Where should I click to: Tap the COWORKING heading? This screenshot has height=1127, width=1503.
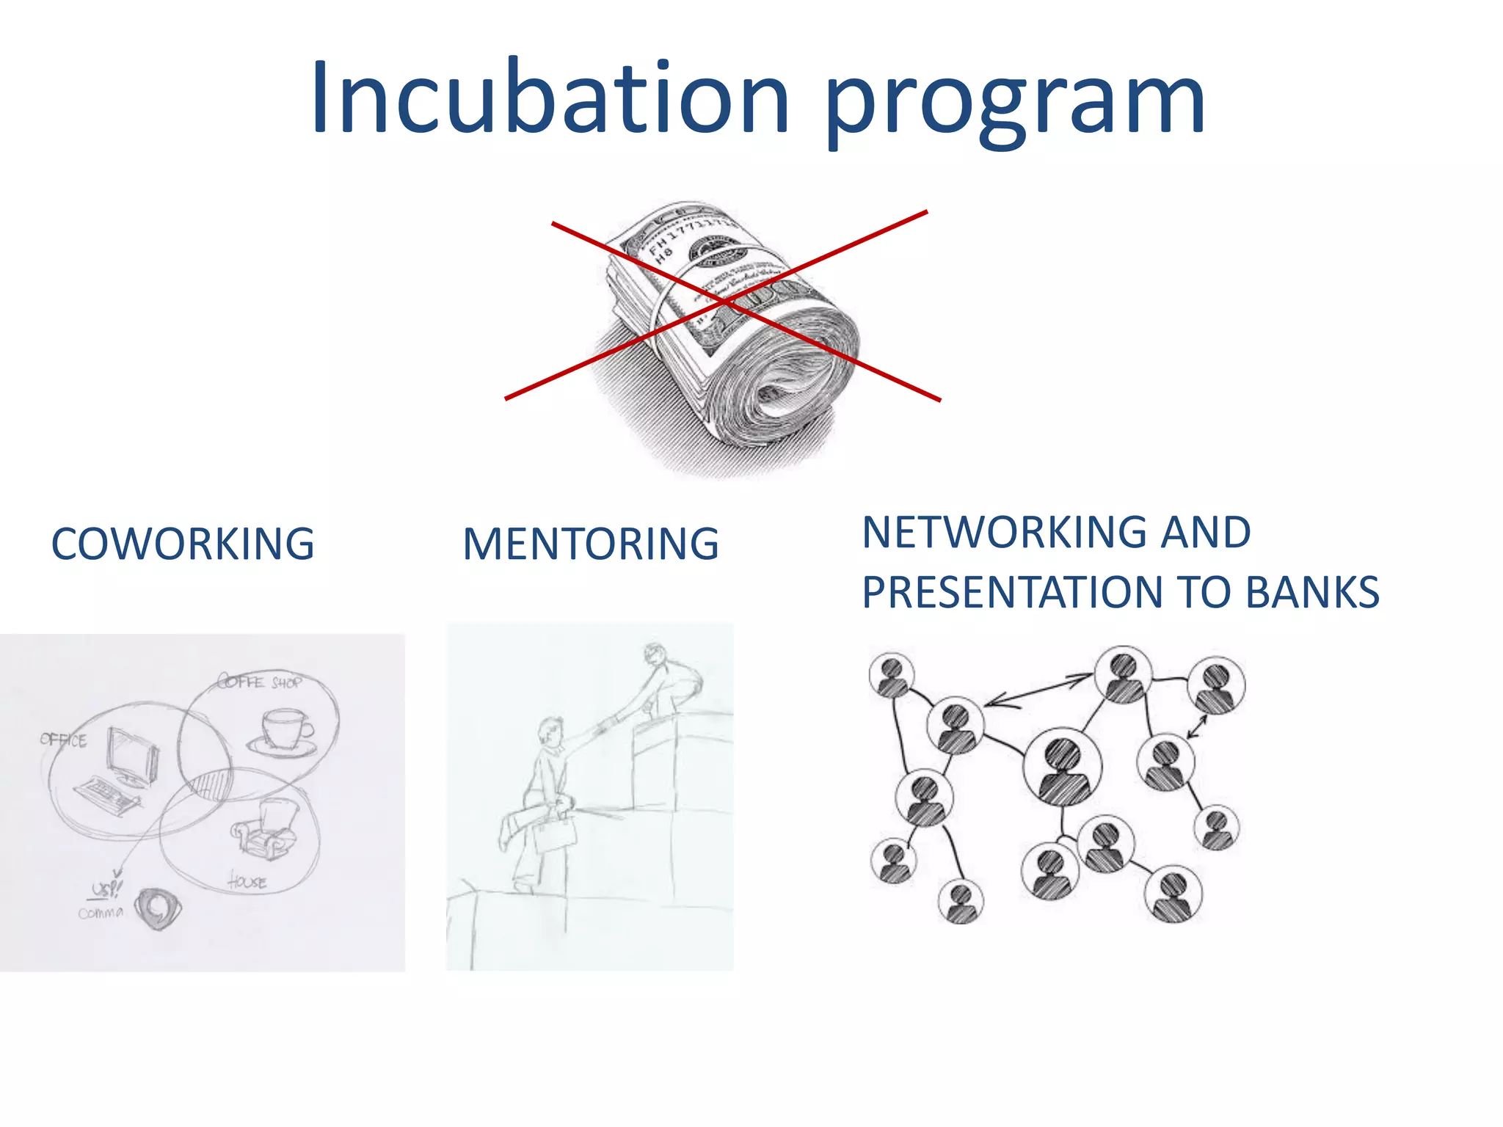click(x=183, y=544)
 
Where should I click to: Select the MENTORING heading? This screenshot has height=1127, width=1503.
click(x=591, y=544)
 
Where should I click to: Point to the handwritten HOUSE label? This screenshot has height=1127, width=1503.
click(x=247, y=880)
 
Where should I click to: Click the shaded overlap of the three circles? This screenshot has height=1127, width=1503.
click(x=211, y=783)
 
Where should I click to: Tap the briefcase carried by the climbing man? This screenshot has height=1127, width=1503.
click(x=554, y=833)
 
